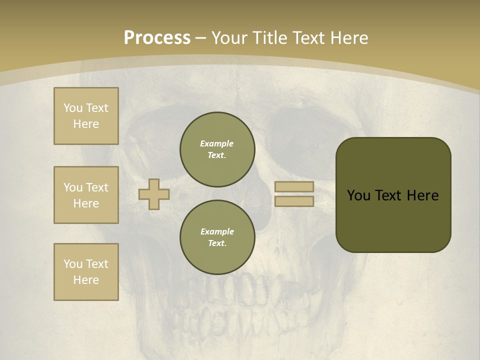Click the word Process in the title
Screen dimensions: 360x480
(x=157, y=38)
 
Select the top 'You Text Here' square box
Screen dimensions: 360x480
(x=86, y=116)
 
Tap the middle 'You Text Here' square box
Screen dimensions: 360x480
(x=86, y=195)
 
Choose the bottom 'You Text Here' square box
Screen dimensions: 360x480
(x=86, y=272)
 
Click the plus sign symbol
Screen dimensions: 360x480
(x=154, y=194)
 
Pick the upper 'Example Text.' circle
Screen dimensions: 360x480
(x=217, y=149)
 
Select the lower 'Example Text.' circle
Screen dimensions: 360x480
(x=217, y=237)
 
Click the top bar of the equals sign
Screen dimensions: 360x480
(x=294, y=187)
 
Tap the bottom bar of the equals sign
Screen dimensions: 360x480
(x=294, y=201)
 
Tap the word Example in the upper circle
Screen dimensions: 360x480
(x=216, y=144)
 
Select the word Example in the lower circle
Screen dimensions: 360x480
(x=217, y=232)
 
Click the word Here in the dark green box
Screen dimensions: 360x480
(x=423, y=195)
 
